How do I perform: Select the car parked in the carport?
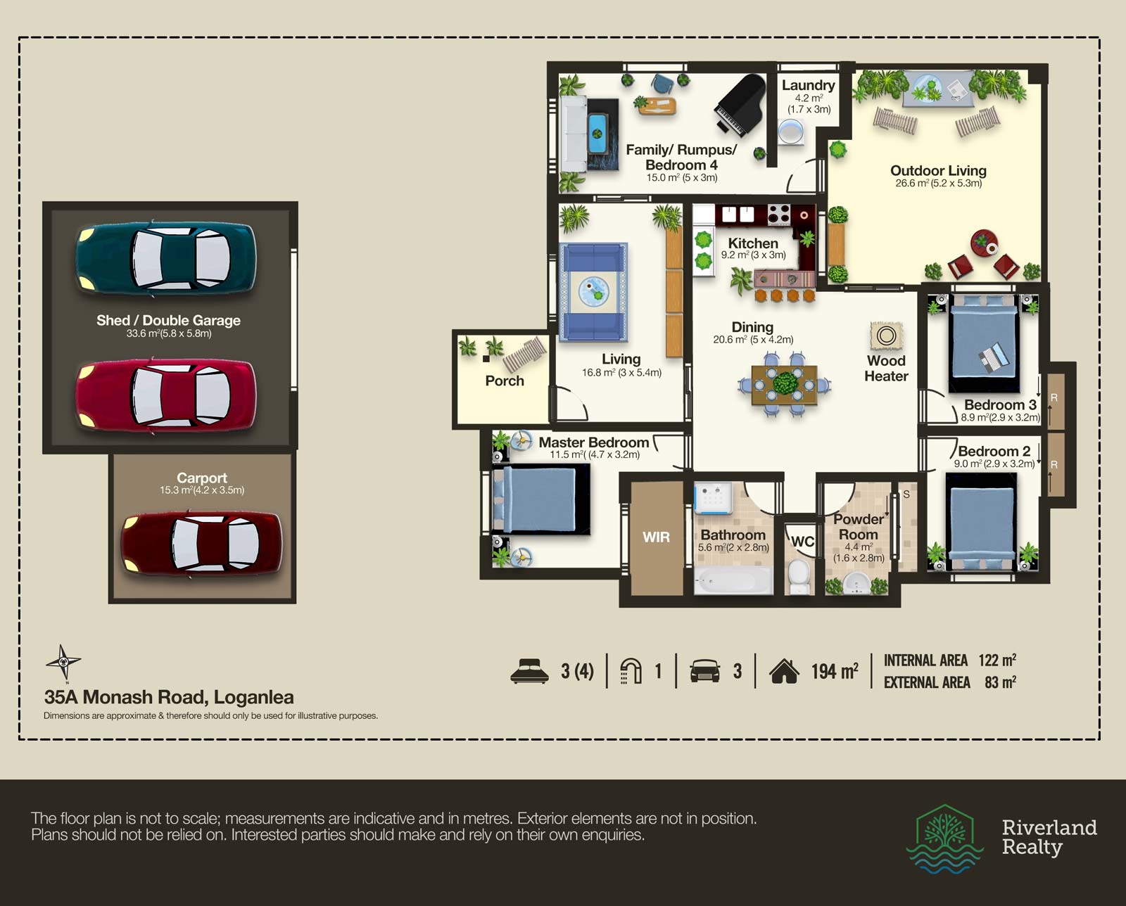tap(201, 544)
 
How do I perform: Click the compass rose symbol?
tap(63, 662)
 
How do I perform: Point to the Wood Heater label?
tap(886, 369)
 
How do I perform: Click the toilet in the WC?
tap(799, 576)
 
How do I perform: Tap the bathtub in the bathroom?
tap(733, 580)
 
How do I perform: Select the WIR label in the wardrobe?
tap(656, 537)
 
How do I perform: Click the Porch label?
tap(505, 381)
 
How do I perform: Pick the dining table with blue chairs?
tap(784, 385)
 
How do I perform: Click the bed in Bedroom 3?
tap(984, 343)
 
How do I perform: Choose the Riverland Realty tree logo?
tap(944, 839)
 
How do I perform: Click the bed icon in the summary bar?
tap(529, 671)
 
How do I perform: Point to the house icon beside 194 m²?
tap(784, 671)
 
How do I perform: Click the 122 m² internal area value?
tap(997, 660)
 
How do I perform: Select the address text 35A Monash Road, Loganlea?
tap(169, 697)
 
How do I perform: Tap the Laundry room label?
tap(809, 85)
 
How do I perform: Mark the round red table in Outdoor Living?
tap(984, 243)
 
